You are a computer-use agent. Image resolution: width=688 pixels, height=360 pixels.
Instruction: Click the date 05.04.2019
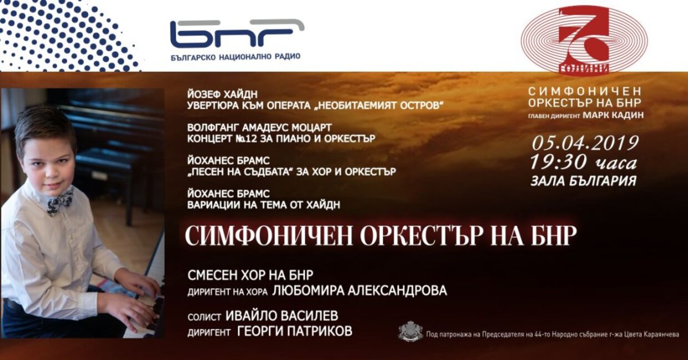(x=585, y=143)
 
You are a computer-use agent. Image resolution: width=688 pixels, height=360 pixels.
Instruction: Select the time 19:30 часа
(x=583, y=162)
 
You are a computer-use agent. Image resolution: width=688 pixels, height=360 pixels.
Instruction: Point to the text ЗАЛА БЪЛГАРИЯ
(x=583, y=181)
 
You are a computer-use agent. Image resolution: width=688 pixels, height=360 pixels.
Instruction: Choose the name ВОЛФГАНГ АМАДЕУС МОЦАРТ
(x=254, y=127)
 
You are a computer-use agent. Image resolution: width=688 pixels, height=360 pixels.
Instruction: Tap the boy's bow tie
(x=59, y=200)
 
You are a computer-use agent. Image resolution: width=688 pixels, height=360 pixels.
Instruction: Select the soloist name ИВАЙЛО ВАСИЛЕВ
(x=282, y=316)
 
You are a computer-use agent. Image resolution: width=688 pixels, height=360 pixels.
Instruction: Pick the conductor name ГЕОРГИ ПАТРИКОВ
(x=294, y=331)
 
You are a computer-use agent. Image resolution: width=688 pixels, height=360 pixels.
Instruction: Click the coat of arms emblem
(x=410, y=332)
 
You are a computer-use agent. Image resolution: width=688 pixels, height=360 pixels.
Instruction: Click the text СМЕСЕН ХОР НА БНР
(x=250, y=276)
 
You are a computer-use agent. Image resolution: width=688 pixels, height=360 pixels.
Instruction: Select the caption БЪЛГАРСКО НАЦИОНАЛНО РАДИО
(x=235, y=57)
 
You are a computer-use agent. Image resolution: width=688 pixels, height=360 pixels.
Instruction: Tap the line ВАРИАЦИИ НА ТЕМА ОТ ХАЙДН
(x=264, y=205)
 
